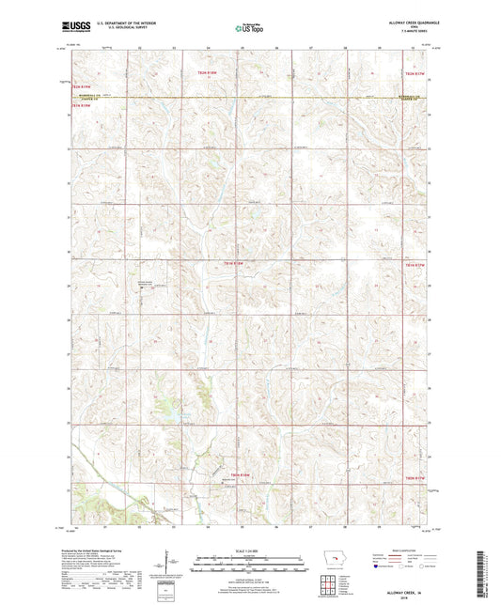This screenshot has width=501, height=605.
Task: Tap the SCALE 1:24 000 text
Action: coord(249,551)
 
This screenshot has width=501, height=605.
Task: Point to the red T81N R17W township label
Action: coord(415,266)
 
